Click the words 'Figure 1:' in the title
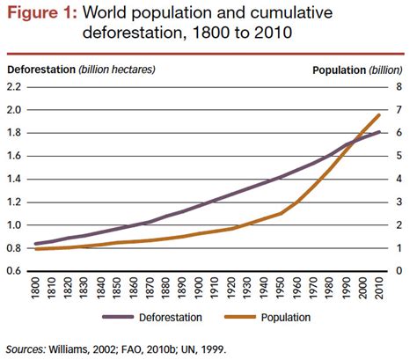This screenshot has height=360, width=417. click(41, 13)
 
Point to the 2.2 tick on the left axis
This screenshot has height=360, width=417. click(15, 87)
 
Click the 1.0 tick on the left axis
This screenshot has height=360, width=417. click(15, 224)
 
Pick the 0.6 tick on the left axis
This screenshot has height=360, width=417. click(15, 270)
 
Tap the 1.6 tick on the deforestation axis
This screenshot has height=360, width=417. click(15, 156)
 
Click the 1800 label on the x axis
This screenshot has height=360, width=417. click(36, 288)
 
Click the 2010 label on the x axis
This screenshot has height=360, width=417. click(379, 288)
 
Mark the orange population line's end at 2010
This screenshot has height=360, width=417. click(379, 114)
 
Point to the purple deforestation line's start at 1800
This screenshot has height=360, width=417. click(36, 244)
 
